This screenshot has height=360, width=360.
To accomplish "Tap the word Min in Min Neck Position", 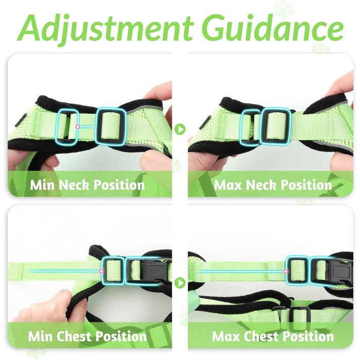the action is click(43, 185).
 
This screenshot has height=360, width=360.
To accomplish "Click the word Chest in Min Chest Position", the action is click(74, 336).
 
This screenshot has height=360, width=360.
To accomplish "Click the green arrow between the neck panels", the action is click(180, 129).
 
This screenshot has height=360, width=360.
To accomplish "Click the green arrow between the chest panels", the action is click(180, 283).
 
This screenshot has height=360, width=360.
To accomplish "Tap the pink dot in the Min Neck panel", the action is click(78, 127).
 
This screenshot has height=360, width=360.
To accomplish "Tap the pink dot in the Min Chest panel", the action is click(101, 272).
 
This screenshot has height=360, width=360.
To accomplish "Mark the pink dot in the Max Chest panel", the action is click(286, 272).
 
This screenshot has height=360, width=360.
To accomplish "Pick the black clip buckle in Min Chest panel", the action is click(158, 271).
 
